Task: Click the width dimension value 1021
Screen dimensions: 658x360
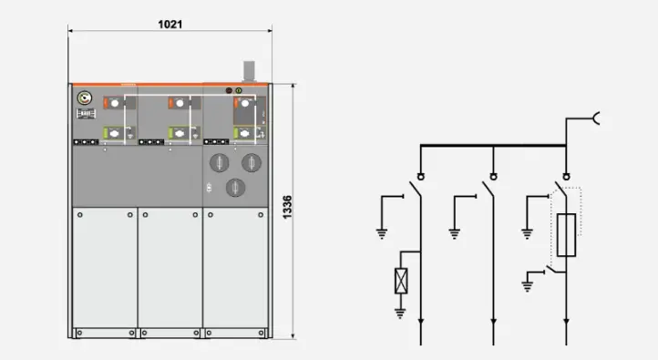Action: [170, 25]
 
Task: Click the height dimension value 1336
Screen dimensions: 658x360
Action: [287, 207]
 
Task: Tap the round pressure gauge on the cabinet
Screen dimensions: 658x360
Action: [85, 98]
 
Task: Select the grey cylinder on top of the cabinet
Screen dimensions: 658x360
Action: [249, 71]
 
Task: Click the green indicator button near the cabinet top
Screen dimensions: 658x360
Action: [239, 90]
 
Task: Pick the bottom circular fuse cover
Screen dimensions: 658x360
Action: [235, 188]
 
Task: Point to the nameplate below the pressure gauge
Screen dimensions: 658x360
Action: [86, 114]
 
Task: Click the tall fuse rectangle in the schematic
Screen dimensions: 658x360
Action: [566, 235]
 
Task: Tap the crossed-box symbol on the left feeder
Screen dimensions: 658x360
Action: [401, 281]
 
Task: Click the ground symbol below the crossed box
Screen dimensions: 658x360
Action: [400, 313]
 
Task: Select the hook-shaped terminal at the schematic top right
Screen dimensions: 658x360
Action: [596, 118]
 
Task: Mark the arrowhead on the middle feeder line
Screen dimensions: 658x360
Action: [494, 322]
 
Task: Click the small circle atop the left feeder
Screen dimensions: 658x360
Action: [420, 177]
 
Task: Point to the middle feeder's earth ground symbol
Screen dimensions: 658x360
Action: [455, 233]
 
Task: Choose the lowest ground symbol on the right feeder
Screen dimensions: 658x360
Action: [528, 286]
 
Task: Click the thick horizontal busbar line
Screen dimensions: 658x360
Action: [493, 146]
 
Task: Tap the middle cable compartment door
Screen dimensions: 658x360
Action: [170, 267]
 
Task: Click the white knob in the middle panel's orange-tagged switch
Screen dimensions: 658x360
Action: [180, 103]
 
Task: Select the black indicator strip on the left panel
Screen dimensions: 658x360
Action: [86, 142]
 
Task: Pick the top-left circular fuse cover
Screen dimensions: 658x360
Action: [219, 163]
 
